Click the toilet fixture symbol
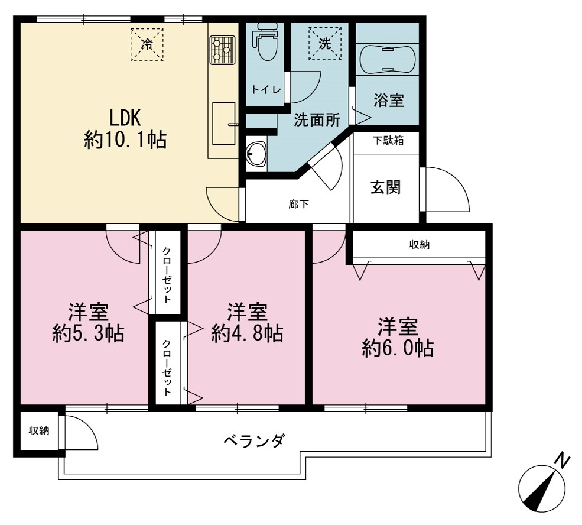tap(265, 41)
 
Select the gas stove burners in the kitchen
tap(222, 50)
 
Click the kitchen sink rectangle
tap(224, 124)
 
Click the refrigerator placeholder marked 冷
tap(147, 44)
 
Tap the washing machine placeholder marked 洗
tap(325, 43)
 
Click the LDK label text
tap(125, 118)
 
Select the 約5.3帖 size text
tap(89, 333)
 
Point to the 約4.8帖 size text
tap(247, 333)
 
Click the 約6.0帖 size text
tap(398, 348)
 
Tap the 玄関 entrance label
tap(386, 187)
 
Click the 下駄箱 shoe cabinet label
tap(388, 141)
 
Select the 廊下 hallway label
tap(299, 204)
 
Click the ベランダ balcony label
tap(255, 440)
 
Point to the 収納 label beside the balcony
tap(40, 430)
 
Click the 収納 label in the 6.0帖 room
tap(420, 245)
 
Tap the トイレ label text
tap(266, 90)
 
